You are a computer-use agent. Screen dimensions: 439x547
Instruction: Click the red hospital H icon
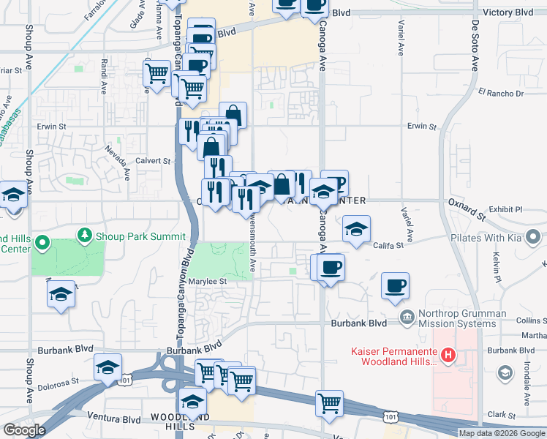(450, 356)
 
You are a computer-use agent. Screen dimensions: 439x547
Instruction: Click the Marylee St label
(209, 281)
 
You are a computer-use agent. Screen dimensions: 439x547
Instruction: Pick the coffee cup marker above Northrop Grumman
(396, 286)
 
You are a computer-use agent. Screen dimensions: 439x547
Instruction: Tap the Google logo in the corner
(24, 430)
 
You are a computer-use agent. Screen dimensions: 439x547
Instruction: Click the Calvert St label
(154, 161)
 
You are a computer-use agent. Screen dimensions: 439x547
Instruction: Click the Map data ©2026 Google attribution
(502, 433)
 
